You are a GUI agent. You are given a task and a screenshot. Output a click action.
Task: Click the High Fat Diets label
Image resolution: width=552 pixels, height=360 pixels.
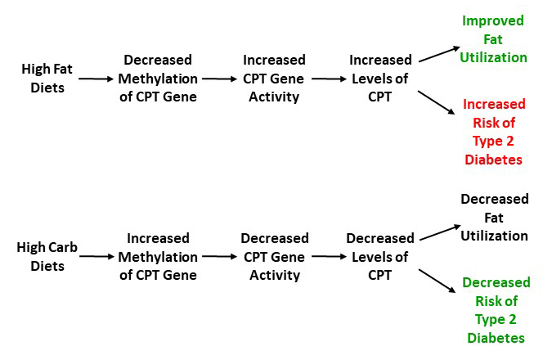[47, 79]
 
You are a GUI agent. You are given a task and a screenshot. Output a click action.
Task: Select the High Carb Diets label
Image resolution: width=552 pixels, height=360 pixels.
[47, 256]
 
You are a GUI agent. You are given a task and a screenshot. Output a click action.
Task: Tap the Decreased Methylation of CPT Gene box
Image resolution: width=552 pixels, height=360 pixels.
[158, 79]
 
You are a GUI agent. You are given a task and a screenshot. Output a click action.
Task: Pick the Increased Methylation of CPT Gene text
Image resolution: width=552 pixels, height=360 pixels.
[158, 256]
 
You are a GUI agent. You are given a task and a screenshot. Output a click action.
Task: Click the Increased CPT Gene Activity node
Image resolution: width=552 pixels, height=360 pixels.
[274, 79]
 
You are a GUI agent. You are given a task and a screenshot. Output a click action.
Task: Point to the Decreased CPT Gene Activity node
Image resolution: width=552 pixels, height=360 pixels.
[275, 256]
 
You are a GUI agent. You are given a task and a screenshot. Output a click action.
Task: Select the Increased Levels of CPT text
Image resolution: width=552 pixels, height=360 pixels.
[380, 79]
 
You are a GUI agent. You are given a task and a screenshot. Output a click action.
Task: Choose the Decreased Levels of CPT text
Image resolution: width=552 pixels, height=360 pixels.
[380, 256]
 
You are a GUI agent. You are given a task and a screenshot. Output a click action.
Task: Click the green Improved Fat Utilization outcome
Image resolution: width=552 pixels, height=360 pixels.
[493, 39]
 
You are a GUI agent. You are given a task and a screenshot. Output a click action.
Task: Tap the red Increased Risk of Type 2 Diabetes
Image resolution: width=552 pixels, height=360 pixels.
[494, 132]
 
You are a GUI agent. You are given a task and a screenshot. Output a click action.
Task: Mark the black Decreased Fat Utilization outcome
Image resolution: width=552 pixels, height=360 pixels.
[494, 218]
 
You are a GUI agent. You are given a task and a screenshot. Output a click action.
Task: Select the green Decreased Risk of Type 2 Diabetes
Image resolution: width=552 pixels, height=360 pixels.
[496, 310]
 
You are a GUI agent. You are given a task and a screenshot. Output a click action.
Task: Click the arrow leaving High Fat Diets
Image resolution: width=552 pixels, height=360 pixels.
[96, 79]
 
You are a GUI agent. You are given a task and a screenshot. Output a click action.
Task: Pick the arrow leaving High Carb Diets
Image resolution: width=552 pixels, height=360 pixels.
[96, 256]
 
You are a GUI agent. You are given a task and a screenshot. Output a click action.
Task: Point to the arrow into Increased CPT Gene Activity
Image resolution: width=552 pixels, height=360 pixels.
[220, 79]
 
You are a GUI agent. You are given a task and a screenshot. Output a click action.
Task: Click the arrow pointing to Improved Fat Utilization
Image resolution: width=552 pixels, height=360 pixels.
[439, 54]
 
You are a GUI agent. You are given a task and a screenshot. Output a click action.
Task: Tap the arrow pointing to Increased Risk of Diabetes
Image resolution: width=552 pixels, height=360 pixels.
[436, 102]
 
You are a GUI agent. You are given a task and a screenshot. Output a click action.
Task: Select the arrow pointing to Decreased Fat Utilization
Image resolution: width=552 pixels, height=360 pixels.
[440, 232]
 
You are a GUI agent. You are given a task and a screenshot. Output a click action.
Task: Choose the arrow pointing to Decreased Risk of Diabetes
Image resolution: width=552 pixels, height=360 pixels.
[437, 281]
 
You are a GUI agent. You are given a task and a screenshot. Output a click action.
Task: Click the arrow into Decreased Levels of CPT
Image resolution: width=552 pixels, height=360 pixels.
[330, 256]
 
